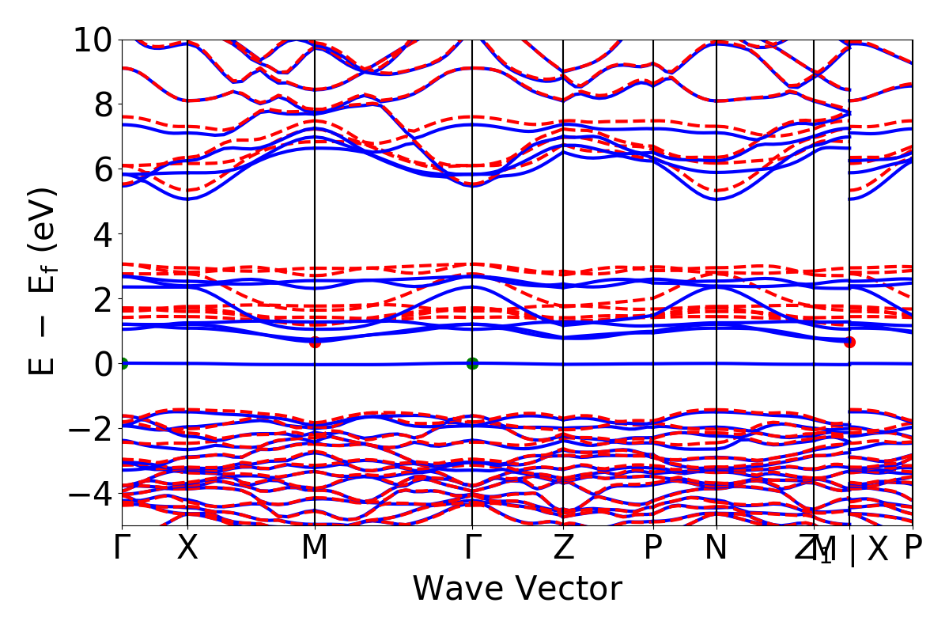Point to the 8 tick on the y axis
coord(102,104)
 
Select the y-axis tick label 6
coord(102,169)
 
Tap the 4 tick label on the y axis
coord(102,234)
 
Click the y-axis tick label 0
coord(102,364)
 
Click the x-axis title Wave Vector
coord(517,589)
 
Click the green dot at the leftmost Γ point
coord(123,363)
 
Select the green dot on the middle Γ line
coord(472,363)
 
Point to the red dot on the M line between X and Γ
coord(315,342)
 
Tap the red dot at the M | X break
coord(849,342)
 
